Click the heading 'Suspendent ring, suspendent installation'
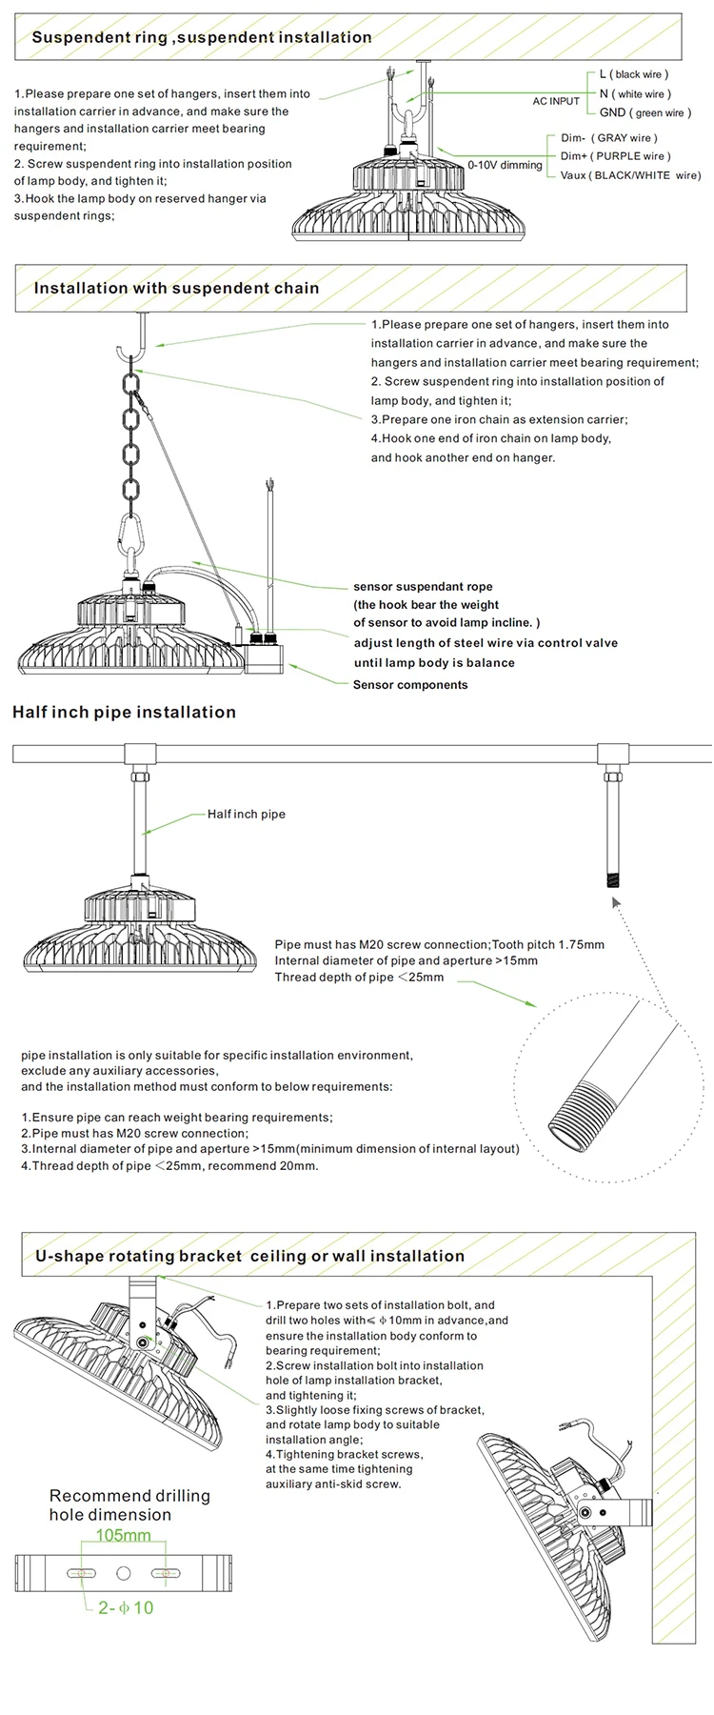202,37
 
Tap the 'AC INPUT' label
556,101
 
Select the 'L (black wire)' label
634,74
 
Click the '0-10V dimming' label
505,165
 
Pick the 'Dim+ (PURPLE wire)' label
615,156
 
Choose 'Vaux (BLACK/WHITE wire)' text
630,175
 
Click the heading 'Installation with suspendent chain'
176,288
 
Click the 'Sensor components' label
410,685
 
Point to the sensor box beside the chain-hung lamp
263,655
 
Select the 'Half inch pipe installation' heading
124,712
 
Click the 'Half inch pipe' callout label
246,815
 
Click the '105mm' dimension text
123,1535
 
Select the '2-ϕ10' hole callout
126,1607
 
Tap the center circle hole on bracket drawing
123,1572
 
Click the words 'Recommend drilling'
129,1496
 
